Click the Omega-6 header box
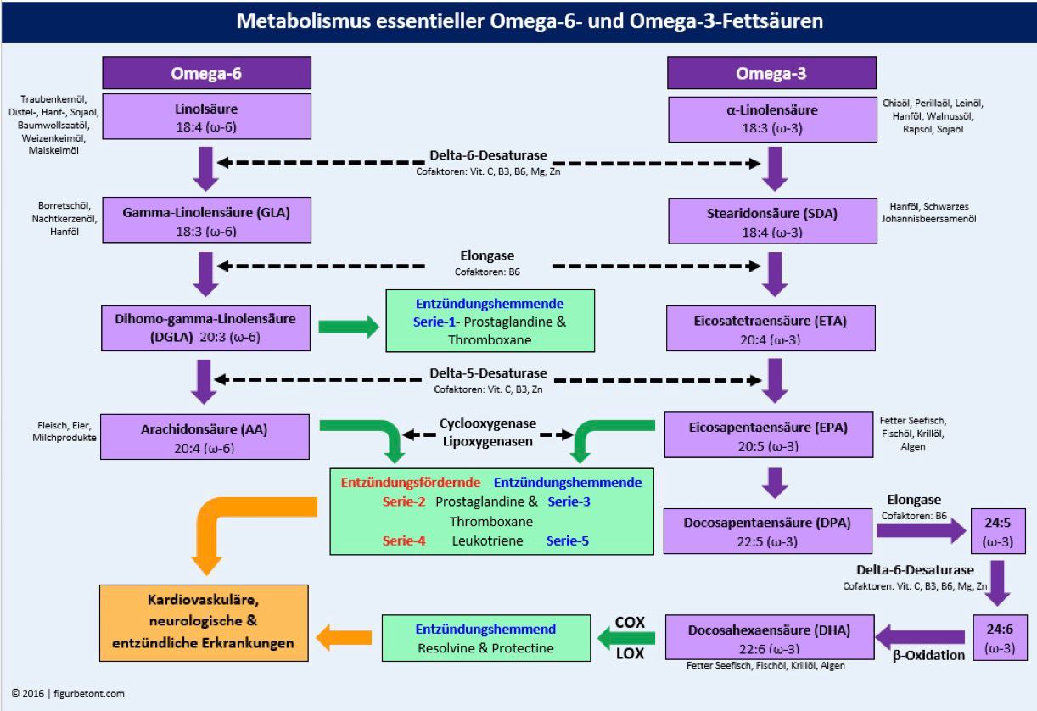tap(207, 73)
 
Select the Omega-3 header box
tap(771, 73)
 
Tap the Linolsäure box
tap(207, 117)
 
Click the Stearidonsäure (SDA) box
tap(771, 221)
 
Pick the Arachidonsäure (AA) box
tap(207, 437)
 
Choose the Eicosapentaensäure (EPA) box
tap(771, 437)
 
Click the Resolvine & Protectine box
tap(485, 638)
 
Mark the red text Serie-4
tap(403, 540)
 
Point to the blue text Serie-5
tap(568, 540)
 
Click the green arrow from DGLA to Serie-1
tap(348, 327)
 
